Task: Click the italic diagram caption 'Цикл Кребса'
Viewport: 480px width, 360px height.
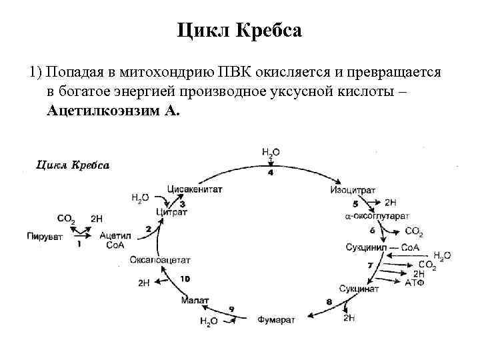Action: coord(73,165)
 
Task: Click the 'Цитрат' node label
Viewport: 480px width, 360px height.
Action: coord(172,213)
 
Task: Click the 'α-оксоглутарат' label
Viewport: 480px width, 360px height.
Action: coord(377,217)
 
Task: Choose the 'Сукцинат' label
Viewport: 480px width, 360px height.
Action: coord(359,289)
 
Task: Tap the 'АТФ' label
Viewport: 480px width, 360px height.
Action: coord(413,283)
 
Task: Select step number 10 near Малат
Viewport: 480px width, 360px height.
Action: coord(185,278)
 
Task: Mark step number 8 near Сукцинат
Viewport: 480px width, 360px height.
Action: coord(329,302)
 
